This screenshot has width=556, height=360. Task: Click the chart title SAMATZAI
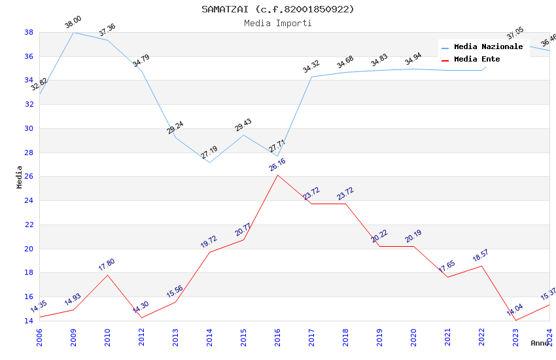pos(277,9)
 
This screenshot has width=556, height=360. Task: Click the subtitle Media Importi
pos(277,23)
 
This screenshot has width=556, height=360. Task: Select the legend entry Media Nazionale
pos(488,47)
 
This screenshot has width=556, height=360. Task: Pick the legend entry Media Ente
pos(477,59)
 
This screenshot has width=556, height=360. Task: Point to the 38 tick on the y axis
pos(29,32)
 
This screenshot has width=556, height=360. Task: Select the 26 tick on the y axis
pos(29,177)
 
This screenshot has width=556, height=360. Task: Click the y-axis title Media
pos(20,177)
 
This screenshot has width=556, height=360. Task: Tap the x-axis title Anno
pos(540,343)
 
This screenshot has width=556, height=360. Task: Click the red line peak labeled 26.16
pos(277,175)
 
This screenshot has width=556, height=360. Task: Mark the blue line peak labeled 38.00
pos(73,32)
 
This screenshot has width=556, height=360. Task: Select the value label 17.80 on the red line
pos(106,264)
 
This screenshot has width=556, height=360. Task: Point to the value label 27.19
pos(209,153)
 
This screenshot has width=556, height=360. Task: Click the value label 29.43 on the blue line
pos(243,125)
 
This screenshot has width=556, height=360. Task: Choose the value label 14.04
pos(515,310)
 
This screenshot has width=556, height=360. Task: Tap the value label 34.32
pos(311,67)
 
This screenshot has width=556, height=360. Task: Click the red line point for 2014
pos(209,252)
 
